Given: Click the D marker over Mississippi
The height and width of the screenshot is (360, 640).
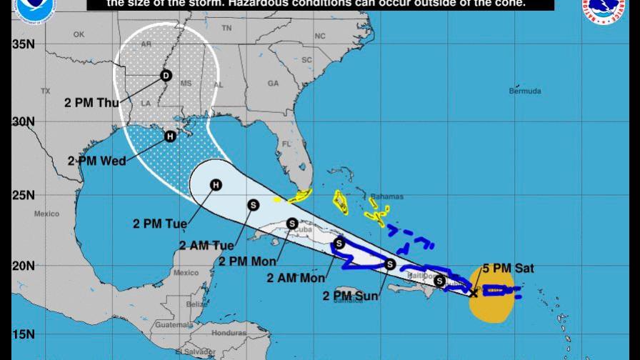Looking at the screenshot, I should pyautogui.click(x=166, y=75).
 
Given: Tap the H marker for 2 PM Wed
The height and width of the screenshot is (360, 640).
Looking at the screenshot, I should pyautogui.click(x=170, y=136).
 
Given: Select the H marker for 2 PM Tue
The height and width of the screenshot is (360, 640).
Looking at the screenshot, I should pyautogui.click(x=216, y=186).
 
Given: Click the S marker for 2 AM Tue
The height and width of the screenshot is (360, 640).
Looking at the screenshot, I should pyautogui.click(x=253, y=204).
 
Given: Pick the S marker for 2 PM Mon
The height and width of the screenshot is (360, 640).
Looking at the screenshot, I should pyautogui.click(x=292, y=223).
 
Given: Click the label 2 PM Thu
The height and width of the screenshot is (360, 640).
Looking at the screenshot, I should pyautogui.click(x=92, y=103).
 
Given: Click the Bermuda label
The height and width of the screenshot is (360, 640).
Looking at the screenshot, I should pyautogui.click(x=525, y=91).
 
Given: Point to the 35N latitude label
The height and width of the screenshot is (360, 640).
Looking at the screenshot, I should pyautogui.click(x=24, y=44).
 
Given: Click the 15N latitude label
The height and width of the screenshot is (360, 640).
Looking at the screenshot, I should pyautogui.click(x=24, y=334).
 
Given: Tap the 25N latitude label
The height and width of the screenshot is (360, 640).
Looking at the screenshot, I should pyautogui.click(x=24, y=195).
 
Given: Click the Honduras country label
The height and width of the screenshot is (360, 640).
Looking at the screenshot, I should pyautogui.click(x=229, y=333).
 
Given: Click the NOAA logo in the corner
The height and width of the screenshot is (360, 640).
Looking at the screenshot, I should pyautogui.click(x=34, y=9).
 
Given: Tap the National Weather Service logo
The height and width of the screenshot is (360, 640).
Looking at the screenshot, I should pyautogui.click(x=605, y=9).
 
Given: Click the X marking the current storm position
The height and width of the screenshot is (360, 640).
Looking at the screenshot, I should pyautogui.click(x=474, y=293).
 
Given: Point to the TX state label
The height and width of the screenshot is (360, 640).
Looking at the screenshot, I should pyautogui.click(x=46, y=91).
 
